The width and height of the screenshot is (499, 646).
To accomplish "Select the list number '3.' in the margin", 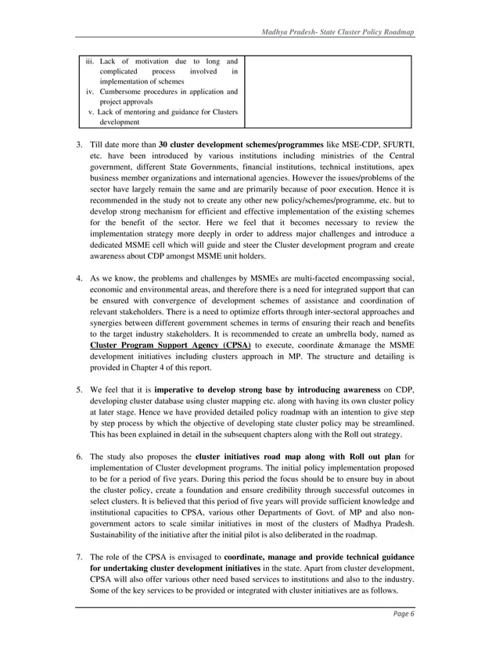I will point(78,145).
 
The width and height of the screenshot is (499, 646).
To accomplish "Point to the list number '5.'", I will point(78,389).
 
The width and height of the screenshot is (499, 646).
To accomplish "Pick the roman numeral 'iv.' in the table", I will point(91,92).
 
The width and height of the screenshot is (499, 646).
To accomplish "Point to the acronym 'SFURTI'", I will point(394,145).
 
